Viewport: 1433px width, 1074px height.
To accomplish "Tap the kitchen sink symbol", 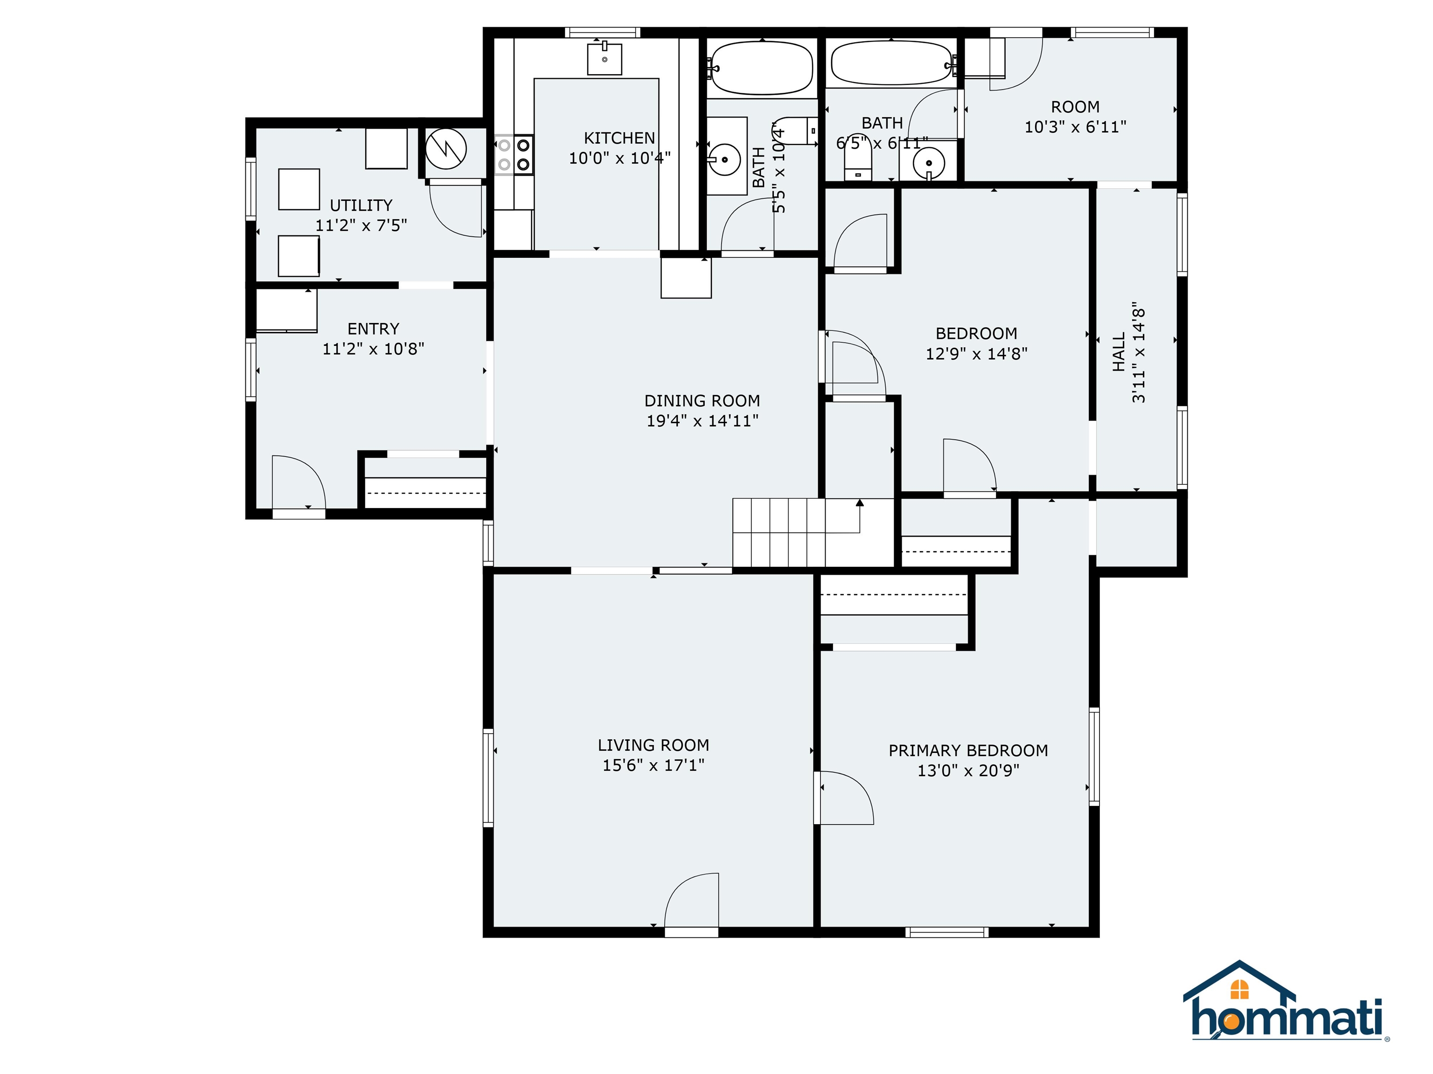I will point(604,59).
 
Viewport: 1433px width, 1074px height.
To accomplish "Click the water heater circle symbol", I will point(445,148).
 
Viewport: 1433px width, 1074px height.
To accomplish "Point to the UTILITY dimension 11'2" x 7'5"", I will point(361,225).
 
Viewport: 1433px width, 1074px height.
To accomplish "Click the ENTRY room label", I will point(373,329).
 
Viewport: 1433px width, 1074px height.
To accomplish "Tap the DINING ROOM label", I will point(702,401).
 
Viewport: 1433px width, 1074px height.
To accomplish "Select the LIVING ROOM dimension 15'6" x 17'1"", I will point(653,765).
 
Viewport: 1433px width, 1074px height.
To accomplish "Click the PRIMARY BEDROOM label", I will point(968,750).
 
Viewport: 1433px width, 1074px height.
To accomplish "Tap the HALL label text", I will point(1119,352).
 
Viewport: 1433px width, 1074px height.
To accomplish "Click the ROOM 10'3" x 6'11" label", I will point(1075,117).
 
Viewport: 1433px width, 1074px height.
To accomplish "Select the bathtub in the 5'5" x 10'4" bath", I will point(761,67).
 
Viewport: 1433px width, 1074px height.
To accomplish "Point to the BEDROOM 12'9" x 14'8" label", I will point(976,343).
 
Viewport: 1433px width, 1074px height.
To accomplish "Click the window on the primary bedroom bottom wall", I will point(946,932).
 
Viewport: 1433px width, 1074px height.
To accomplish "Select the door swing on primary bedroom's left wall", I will point(844,798).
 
